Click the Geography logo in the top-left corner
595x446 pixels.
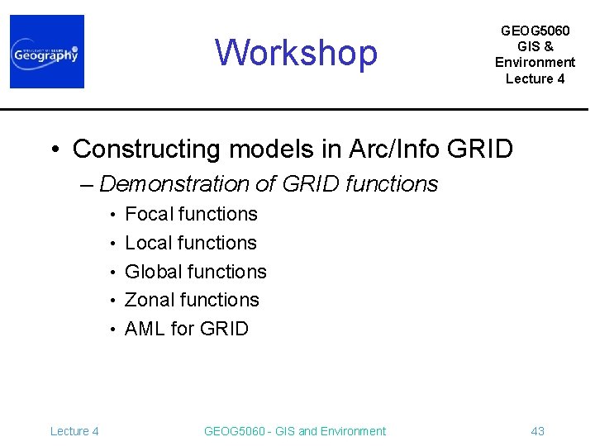[x=47, y=52]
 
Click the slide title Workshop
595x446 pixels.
[x=296, y=53]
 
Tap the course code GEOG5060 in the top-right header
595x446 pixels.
[x=535, y=31]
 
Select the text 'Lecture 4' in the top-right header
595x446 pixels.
[x=535, y=79]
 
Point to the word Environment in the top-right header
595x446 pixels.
[x=535, y=63]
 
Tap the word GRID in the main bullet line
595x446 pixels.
[x=480, y=149]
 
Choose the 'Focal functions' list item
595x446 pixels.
[x=191, y=214]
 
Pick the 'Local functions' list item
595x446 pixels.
[x=190, y=243]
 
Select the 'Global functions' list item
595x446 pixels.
[x=195, y=272]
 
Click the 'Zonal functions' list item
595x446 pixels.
[x=192, y=300]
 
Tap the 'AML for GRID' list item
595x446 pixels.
[x=186, y=329]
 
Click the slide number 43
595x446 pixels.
[x=537, y=431]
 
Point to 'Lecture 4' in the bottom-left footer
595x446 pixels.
[x=74, y=431]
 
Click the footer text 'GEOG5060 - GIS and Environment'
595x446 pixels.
[x=294, y=431]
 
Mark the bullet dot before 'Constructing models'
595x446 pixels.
[x=55, y=150]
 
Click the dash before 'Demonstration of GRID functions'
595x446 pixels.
[x=88, y=184]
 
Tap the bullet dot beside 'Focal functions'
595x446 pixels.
[x=112, y=215]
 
